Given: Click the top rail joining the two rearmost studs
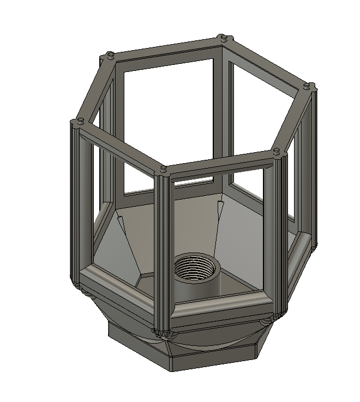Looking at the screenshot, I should pyautogui.click(x=164, y=47).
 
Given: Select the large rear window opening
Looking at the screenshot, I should pyautogui.click(x=169, y=120).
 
